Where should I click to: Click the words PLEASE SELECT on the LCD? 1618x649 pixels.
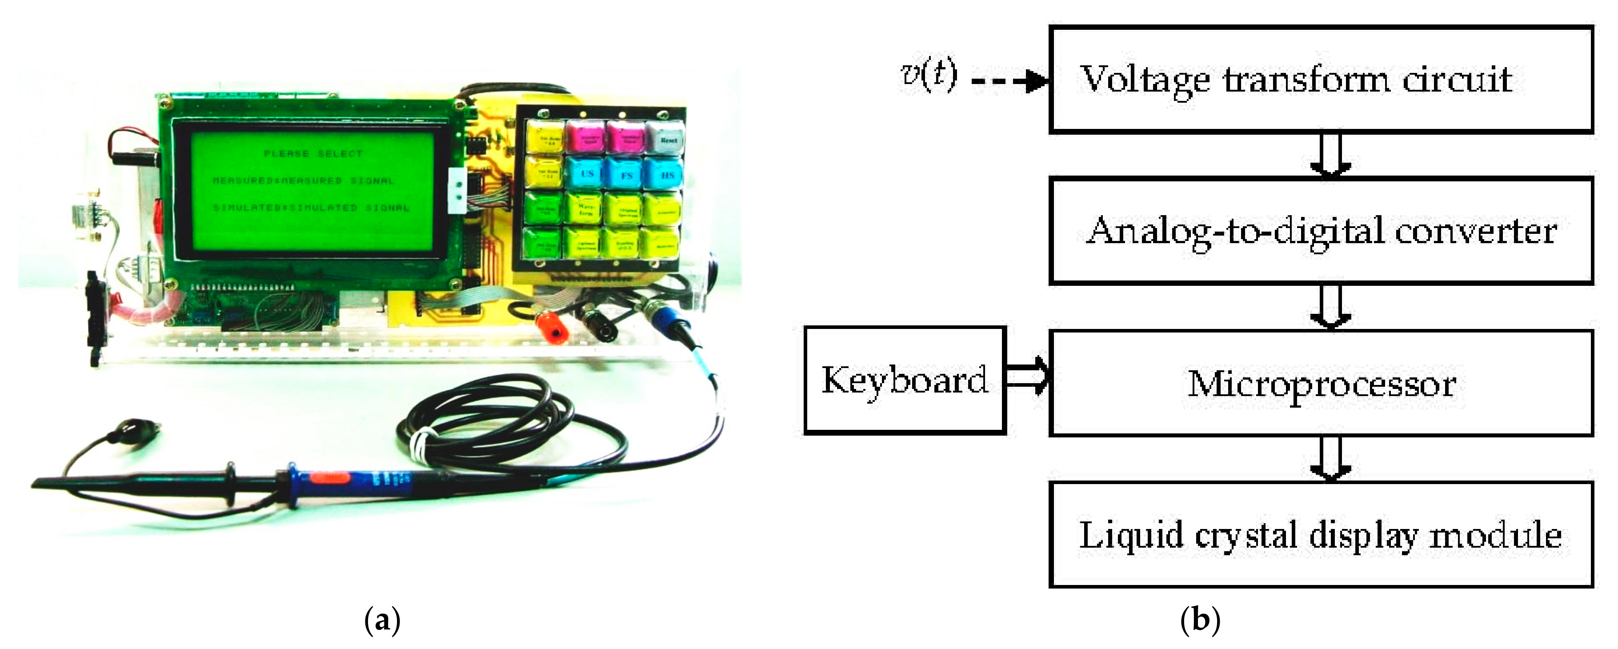pyautogui.click(x=313, y=153)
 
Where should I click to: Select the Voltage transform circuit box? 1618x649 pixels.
pyautogui.click(x=1321, y=80)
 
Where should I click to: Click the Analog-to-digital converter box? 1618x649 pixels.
pyautogui.click(x=1321, y=231)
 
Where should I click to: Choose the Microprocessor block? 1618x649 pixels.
pyautogui.click(x=1321, y=383)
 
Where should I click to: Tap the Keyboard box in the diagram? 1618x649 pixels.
pyautogui.click(x=905, y=380)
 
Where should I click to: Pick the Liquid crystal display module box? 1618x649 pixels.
pyautogui.click(x=1321, y=535)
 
